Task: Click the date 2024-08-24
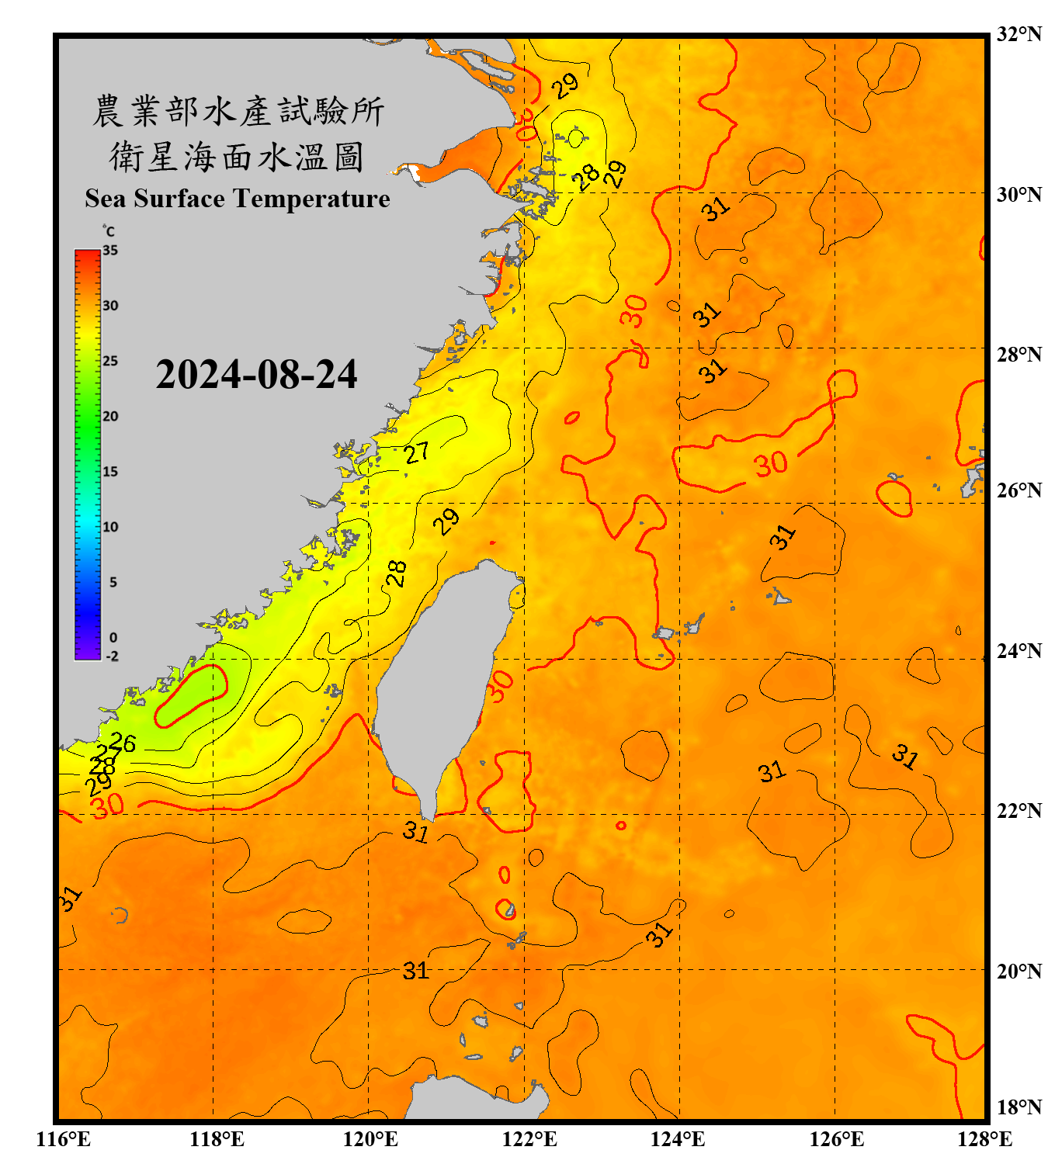(x=256, y=375)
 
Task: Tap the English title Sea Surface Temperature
(x=238, y=199)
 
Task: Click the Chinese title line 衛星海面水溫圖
(x=237, y=157)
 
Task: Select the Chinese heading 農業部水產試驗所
(x=238, y=112)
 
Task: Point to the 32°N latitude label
(x=1019, y=34)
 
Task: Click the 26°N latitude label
(x=1019, y=490)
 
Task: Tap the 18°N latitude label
(x=1019, y=1107)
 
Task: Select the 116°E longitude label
(x=64, y=1139)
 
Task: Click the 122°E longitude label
(x=529, y=1139)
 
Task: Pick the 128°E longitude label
(x=984, y=1139)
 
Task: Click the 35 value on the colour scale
(x=110, y=251)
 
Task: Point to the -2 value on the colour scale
(x=113, y=656)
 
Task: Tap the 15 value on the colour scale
(x=110, y=472)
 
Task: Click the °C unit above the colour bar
(x=108, y=231)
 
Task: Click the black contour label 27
(x=417, y=452)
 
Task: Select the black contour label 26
(x=123, y=743)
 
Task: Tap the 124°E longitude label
(x=678, y=1139)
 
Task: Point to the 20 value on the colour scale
(x=110, y=417)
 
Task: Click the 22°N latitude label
(x=1019, y=810)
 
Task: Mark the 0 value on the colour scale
(x=113, y=638)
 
